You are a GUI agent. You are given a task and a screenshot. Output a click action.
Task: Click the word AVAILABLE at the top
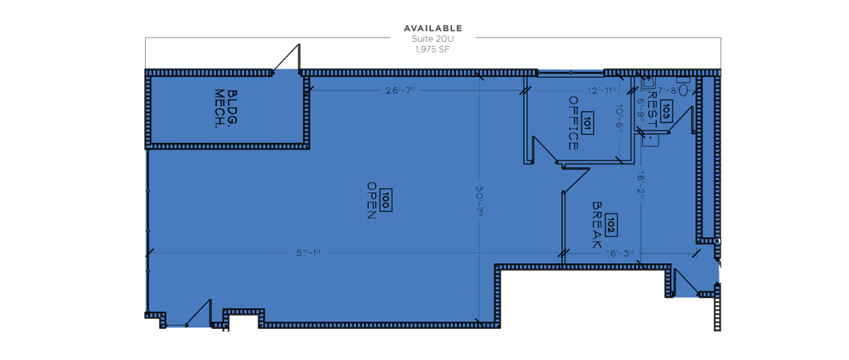(x=433, y=28)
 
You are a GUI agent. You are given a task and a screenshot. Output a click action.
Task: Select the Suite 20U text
(x=432, y=39)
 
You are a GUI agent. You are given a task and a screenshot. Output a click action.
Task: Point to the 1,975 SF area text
(x=432, y=50)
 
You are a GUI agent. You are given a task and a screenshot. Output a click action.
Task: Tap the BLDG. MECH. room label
(x=226, y=109)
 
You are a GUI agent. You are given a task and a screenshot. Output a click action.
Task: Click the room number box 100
(x=386, y=200)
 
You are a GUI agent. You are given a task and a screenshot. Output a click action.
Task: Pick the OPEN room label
(x=371, y=200)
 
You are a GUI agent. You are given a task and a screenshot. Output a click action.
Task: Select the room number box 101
(x=587, y=123)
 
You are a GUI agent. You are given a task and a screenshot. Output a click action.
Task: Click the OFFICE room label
(x=573, y=123)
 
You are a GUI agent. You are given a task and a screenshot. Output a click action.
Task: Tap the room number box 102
(x=611, y=225)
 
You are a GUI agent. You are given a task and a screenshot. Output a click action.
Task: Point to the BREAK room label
(x=597, y=225)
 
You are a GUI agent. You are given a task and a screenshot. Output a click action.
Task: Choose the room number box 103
(x=666, y=111)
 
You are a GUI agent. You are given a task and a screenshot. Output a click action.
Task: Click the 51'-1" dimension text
(x=308, y=252)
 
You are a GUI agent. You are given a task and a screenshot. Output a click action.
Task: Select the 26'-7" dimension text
(x=400, y=91)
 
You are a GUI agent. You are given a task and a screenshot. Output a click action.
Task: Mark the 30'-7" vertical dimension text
(x=480, y=201)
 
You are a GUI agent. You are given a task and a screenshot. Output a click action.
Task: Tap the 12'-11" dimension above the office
(x=602, y=91)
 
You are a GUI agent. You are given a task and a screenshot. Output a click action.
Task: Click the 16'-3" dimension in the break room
(x=620, y=252)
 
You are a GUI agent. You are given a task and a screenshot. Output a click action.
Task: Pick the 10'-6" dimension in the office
(x=620, y=119)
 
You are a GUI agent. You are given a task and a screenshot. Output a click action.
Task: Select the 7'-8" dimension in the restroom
(x=667, y=91)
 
